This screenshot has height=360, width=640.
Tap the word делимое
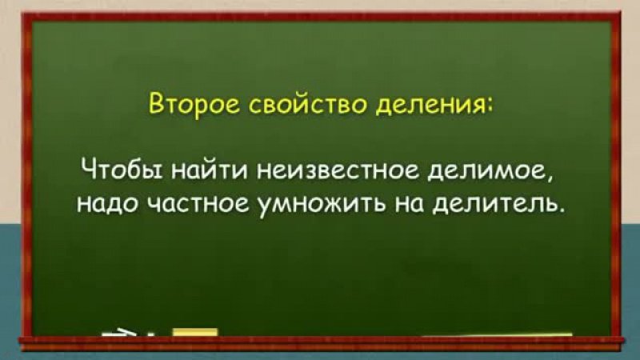tap(486, 173)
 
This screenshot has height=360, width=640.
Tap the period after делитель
tap(563, 210)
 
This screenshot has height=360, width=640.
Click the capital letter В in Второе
tap(156, 104)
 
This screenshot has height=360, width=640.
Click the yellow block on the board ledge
tap(195, 333)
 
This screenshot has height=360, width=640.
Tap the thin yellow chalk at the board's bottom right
tap(496, 335)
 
